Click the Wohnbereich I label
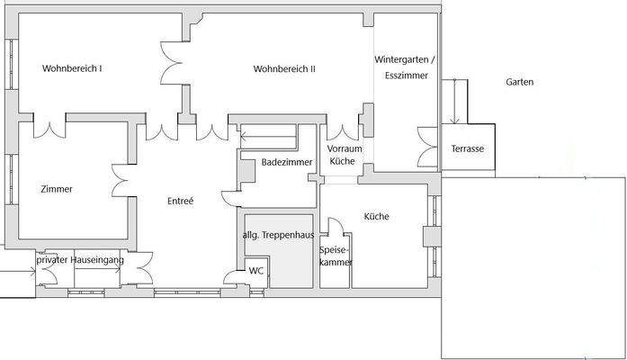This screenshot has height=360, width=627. point(72,68)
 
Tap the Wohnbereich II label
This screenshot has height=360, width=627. point(284,68)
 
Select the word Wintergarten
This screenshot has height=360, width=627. point(401,59)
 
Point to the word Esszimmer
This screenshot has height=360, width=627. point(407,76)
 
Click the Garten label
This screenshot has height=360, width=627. point(519,82)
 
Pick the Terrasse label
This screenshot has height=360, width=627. point(468,148)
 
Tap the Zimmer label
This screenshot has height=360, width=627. point(57,189)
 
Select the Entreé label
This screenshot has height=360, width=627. point(180,201)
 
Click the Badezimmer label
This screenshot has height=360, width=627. point(287,162)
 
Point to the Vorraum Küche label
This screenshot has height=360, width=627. point(344,155)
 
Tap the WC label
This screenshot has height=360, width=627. point(255,271)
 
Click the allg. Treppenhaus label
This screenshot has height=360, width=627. point(278,235)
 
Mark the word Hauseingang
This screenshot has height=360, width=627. point(97,260)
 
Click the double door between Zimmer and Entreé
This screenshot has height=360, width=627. point(120,180)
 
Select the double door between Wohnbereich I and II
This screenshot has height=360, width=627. point(172,63)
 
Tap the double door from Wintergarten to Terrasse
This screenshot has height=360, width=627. point(427,147)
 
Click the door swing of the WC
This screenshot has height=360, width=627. point(230,277)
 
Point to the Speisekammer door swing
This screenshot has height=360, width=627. point(336,227)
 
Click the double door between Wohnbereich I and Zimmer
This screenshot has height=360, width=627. point(49,130)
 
